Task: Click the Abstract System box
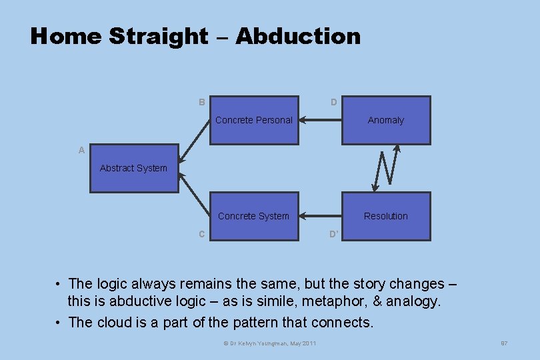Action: click(x=134, y=169)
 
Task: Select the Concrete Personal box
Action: click(x=254, y=121)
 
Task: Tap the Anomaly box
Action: click(x=386, y=121)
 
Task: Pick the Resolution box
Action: click(x=386, y=216)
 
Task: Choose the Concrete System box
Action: click(x=254, y=216)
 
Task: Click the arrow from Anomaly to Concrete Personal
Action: click(x=320, y=121)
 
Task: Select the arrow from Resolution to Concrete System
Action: click(x=320, y=216)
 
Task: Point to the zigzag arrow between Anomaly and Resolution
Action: click(x=386, y=168)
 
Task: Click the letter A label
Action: click(x=81, y=151)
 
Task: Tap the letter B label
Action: click(x=201, y=103)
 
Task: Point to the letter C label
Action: click(x=201, y=234)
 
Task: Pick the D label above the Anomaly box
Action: click(x=333, y=103)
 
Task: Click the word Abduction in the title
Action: click(x=298, y=36)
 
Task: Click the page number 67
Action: click(x=505, y=343)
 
